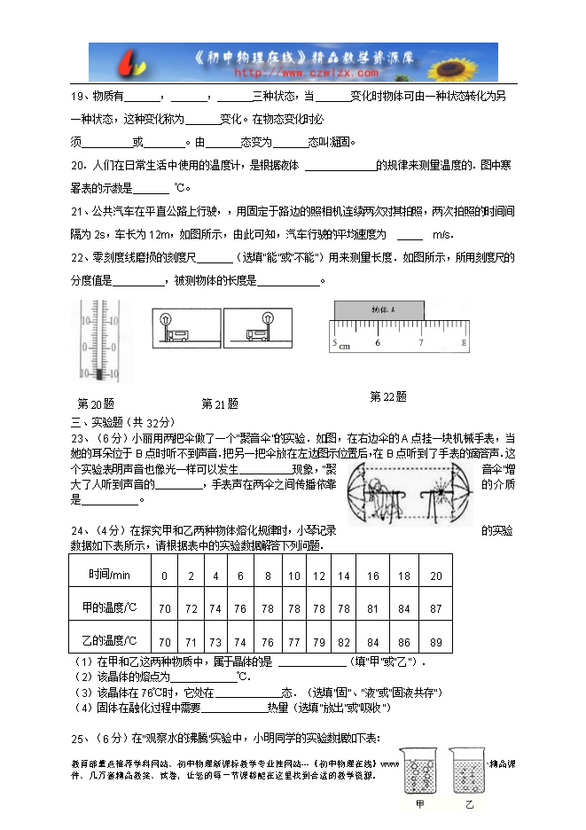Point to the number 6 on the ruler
379,342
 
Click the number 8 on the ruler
465,342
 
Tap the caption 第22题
387,396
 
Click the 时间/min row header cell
111,575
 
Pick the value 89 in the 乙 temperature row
434,641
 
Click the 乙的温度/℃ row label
111,641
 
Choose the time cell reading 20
434,576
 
